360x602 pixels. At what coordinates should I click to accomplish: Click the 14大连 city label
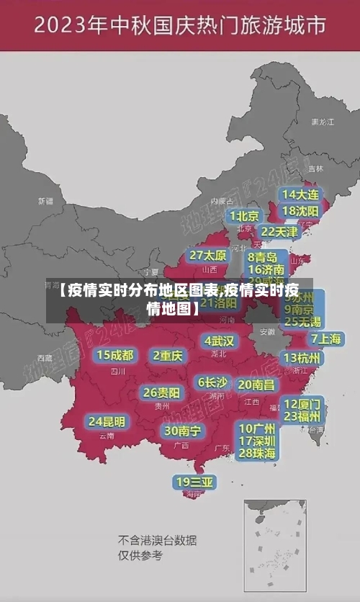(x=300, y=194)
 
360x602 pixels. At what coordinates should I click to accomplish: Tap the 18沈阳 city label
(x=300, y=211)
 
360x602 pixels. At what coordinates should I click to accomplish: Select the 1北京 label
(x=245, y=216)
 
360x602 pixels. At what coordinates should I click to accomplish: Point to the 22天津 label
(x=279, y=232)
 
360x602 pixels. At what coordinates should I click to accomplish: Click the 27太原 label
(x=208, y=255)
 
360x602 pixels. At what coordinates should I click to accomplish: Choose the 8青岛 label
(x=263, y=256)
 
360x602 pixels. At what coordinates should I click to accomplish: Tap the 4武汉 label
(x=219, y=340)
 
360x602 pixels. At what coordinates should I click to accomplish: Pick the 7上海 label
(x=326, y=338)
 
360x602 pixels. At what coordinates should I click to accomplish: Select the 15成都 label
(x=115, y=355)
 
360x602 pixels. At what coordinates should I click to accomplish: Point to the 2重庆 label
(x=168, y=355)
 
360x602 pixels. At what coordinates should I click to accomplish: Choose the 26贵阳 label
(x=161, y=392)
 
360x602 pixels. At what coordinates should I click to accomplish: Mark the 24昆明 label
(x=107, y=421)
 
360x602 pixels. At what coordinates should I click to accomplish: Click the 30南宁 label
(x=182, y=431)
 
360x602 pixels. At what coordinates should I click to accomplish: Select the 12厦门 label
(x=303, y=403)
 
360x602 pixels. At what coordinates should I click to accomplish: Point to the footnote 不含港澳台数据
(x=158, y=540)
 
